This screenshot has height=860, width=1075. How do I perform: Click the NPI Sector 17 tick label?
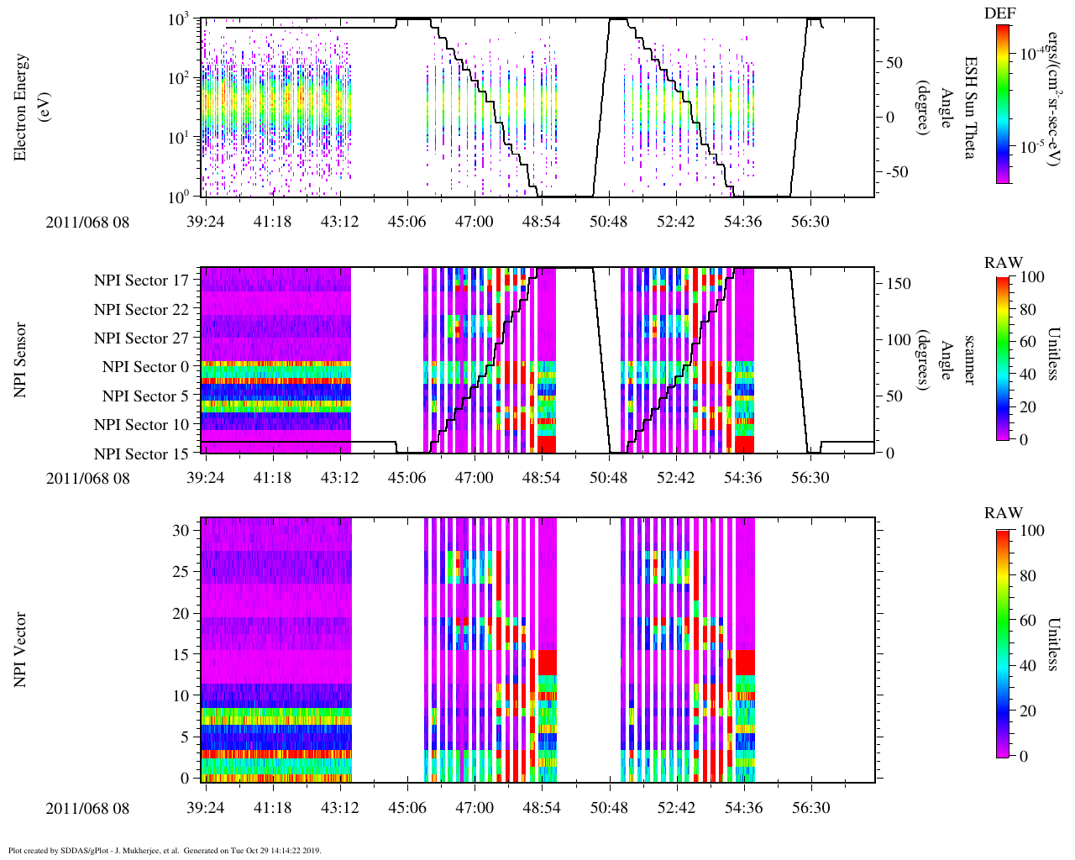[x=142, y=281]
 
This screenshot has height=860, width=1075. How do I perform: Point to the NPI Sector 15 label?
[x=142, y=454]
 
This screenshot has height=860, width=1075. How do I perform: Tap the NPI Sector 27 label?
[x=142, y=338]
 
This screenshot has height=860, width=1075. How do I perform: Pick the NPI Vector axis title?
[x=20, y=649]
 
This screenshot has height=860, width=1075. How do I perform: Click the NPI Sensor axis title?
[x=20, y=360]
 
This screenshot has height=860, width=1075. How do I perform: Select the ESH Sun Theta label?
[x=971, y=107]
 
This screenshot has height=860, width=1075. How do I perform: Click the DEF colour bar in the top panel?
[x=1003, y=103]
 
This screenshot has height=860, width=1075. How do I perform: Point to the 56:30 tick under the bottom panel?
[x=810, y=808]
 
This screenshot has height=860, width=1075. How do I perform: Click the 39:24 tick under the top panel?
[x=205, y=221]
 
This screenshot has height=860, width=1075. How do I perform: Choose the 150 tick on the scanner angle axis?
[x=899, y=284]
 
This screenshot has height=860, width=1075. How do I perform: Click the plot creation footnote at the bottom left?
[x=164, y=850]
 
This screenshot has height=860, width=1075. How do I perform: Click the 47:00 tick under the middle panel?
[x=474, y=478]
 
